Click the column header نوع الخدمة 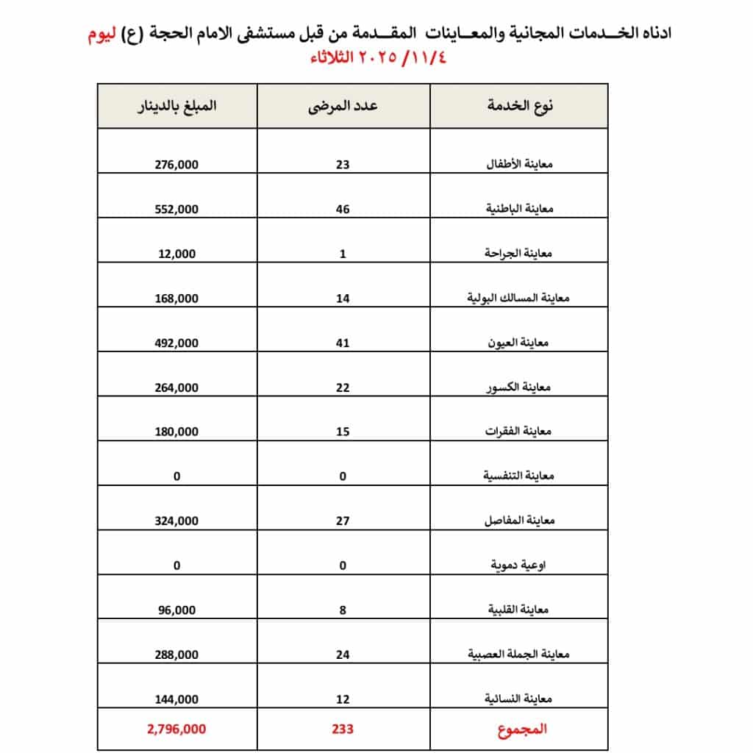click(x=520, y=105)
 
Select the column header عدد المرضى click(x=343, y=105)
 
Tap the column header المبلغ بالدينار click(x=178, y=105)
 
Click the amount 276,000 click(x=177, y=165)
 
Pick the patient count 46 click(x=343, y=209)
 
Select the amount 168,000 click(x=177, y=299)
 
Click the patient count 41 click(x=343, y=343)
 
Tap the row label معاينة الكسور click(x=526, y=388)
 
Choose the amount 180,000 click(x=177, y=432)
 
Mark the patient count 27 click(x=343, y=521)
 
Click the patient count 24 click(x=343, y=654)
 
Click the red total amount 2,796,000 click(x=176, y=729)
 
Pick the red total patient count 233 click(x=343, y=729)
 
